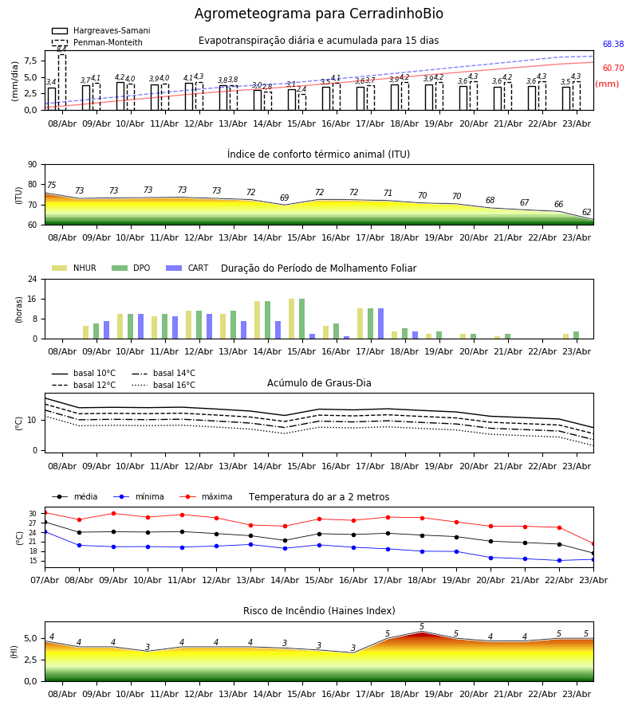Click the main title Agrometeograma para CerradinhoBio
pos(319,14)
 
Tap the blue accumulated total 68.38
pos(613,45)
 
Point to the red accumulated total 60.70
pos(613,69)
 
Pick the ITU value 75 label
pos(51,186)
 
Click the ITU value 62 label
pos(586,213)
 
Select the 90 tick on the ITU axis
pos(32,164)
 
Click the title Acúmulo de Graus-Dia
pos(319,383)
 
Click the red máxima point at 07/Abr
pos(45,512)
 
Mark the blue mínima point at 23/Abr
pos(593,559)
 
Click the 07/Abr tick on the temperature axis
pos(45,580)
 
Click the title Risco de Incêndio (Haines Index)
pos(319,611)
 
